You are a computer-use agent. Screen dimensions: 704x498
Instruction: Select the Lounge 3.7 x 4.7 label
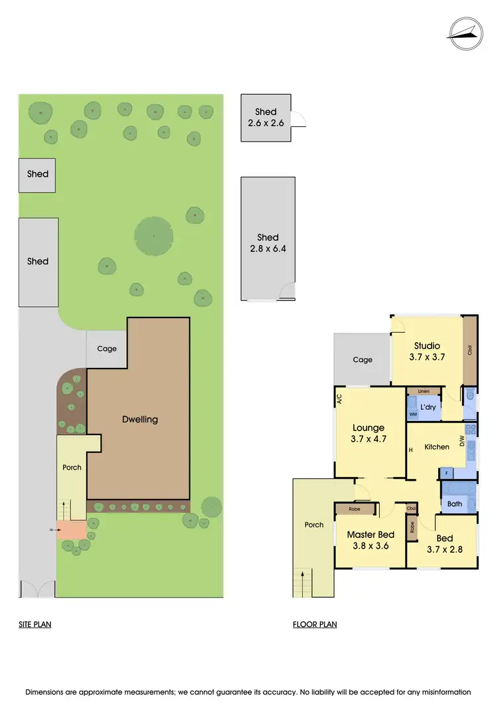point(369,433)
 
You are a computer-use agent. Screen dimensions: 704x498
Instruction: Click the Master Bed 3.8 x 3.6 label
point(371,540)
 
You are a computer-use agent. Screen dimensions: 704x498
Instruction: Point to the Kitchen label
point(437,447)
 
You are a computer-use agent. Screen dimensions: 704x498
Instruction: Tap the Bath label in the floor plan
point(455,504)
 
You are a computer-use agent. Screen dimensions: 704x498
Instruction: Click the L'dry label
point(428,407)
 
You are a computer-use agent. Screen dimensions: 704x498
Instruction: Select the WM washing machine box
point(412,414)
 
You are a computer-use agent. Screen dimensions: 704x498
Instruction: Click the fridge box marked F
point(446,474)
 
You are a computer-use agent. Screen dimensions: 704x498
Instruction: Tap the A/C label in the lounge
point(339,400)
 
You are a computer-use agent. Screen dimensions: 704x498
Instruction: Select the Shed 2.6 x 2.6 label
point(266,118)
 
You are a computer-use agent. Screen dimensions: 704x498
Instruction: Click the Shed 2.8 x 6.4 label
point(268,243)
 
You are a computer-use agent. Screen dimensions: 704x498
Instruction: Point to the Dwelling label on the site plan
point(140,419)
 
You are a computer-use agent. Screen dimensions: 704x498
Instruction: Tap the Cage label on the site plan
point(107,349)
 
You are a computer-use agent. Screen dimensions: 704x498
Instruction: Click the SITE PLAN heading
point(35,624)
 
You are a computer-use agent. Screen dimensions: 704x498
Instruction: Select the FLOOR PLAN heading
point(315,624)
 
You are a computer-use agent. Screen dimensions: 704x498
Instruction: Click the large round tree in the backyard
point(154,236)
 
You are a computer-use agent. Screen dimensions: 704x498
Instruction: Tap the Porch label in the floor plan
point(314,525)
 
